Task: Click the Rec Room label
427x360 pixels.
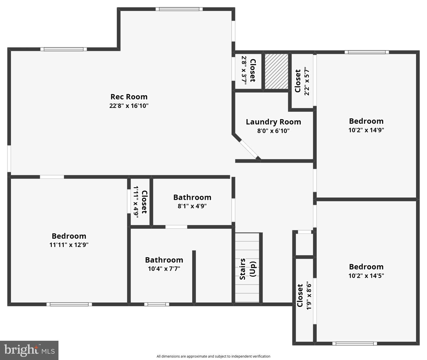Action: tap(129, 97)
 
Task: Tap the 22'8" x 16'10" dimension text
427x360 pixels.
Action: tap(129, 106)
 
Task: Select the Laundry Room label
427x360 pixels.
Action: tap(273, 122)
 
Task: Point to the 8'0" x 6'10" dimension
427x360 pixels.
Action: tap(273, 131)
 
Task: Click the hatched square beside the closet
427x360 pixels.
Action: tap(276, 71)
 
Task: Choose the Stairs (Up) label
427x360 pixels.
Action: tap(247, 269)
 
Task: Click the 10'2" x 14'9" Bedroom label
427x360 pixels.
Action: tap(366, 121)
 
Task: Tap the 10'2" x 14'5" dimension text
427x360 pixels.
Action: tap(366, 276)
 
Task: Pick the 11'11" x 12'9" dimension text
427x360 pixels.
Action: tap(69, 245)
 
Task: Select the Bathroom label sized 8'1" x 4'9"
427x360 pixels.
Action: tap(192, 197)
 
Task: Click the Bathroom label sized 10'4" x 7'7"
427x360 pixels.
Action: tap(164, 260)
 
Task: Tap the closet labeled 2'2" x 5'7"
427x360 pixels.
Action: tap(302, 81)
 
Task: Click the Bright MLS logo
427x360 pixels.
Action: tap(29, 350)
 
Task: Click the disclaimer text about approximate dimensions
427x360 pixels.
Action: tap(213, 356)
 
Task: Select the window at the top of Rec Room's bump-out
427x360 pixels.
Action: tap(179, 9)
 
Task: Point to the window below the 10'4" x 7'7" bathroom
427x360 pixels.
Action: tap(157, 304)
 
